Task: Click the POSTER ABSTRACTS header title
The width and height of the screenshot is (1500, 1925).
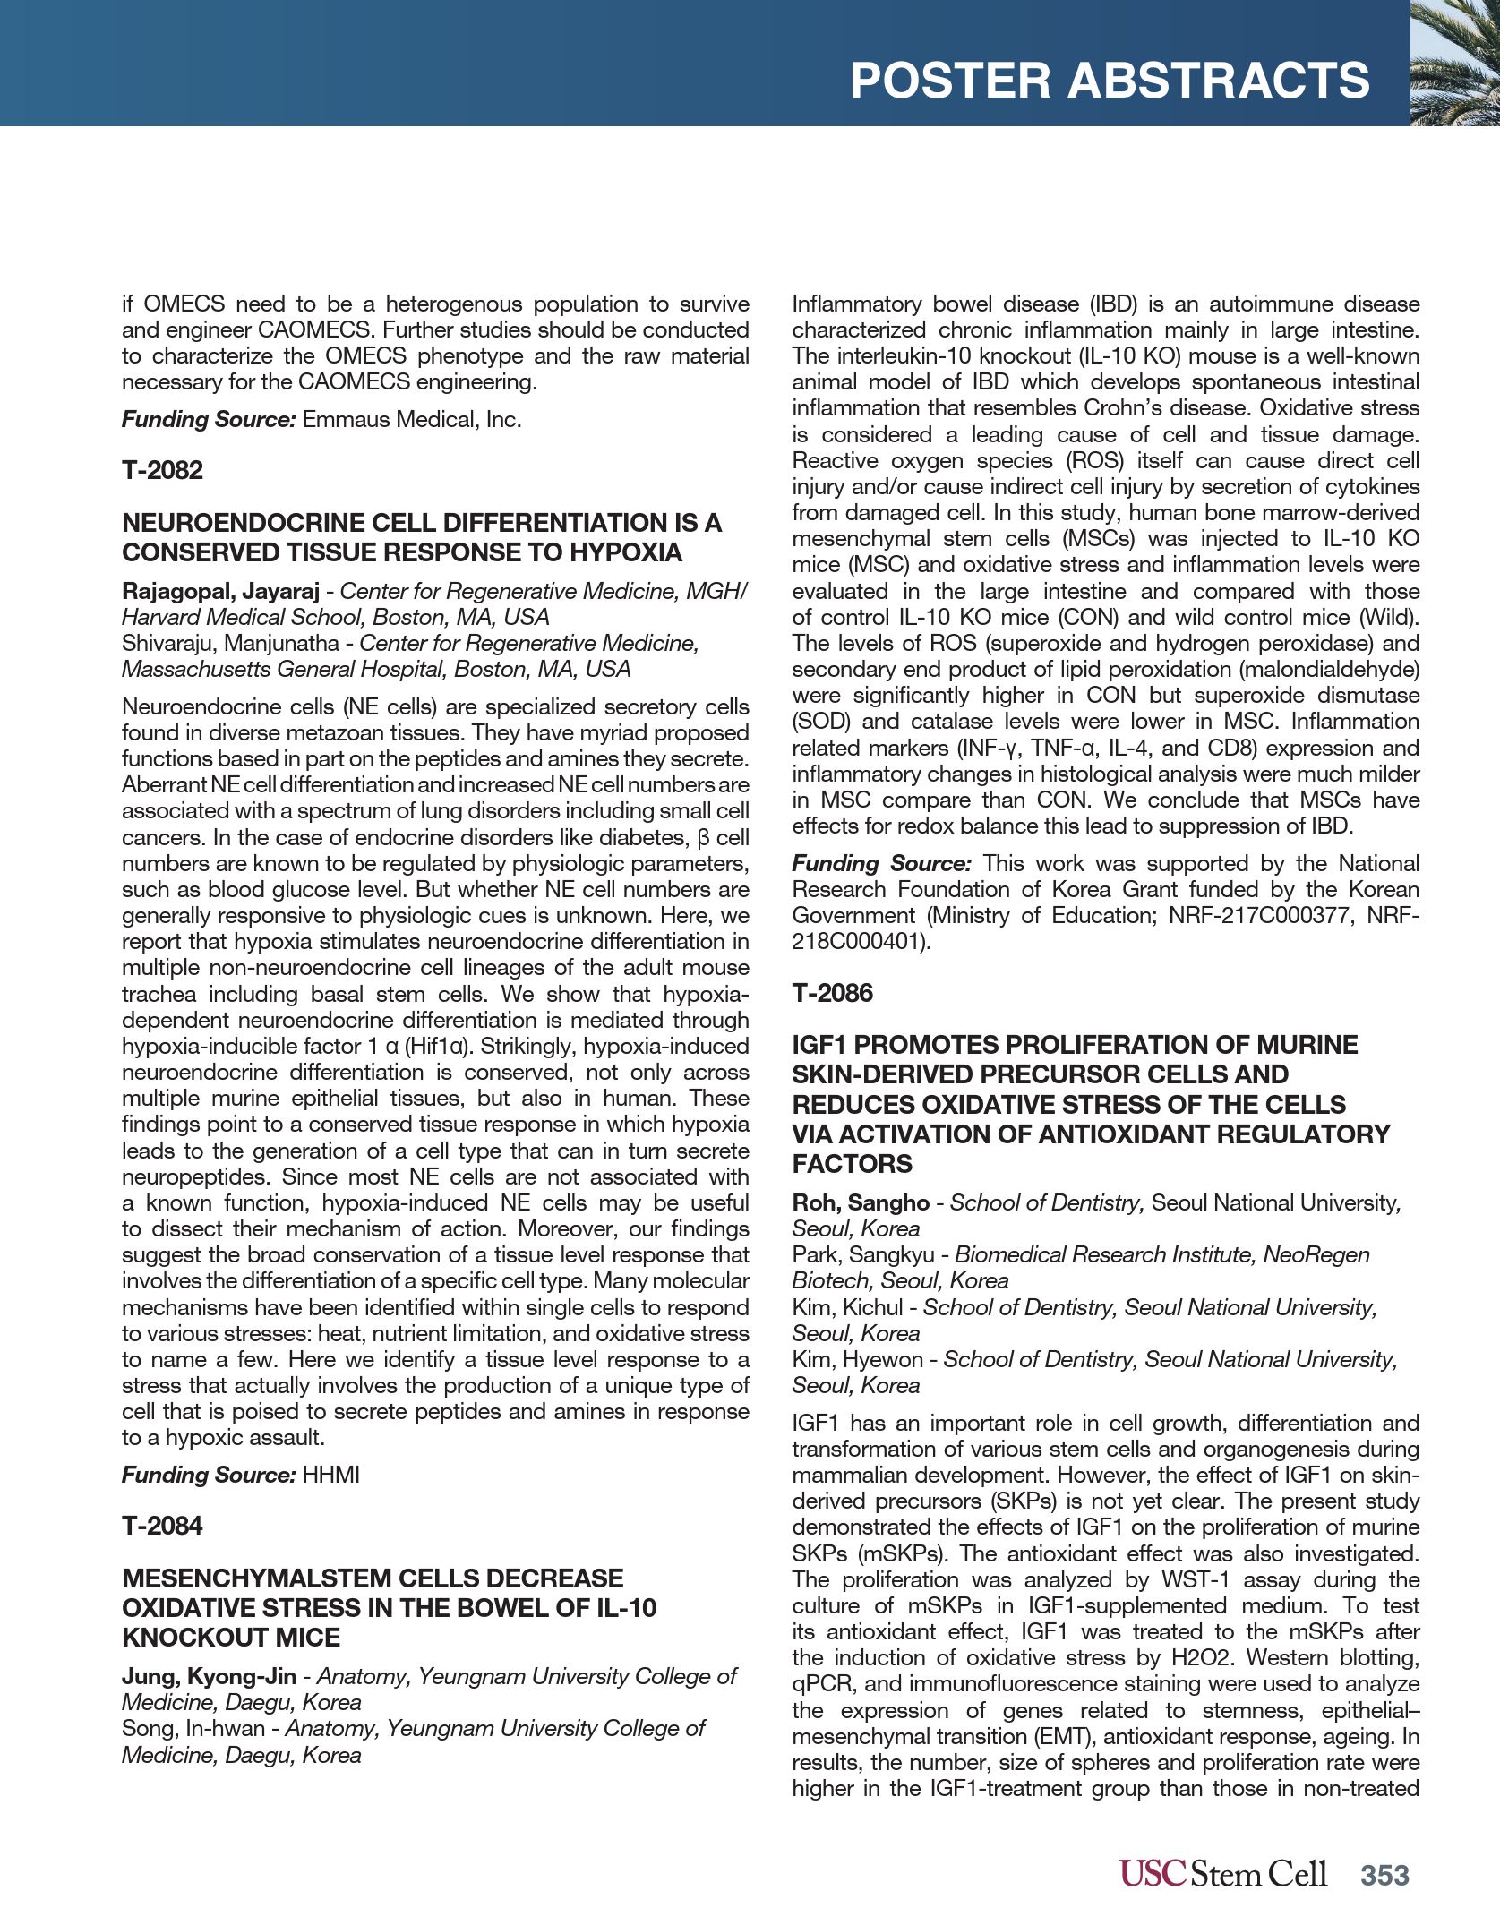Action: coord(1109,81)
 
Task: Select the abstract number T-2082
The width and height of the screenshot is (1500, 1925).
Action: coord(162,470)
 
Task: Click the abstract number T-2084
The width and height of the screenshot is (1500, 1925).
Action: coord(162,1526)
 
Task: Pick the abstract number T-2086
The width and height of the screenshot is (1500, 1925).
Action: coord(832,993)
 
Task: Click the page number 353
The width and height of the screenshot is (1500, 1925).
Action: coord(1384,1875)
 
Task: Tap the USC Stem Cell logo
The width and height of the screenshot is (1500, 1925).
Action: coord(1222,1873)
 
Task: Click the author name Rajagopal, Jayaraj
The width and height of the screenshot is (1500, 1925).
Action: coord(220,591)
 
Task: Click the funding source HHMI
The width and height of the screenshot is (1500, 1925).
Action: coord(330,1475)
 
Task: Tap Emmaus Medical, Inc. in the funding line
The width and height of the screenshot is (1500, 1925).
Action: coord(412,419)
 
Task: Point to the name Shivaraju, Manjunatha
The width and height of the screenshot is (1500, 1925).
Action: coord(230,643)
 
